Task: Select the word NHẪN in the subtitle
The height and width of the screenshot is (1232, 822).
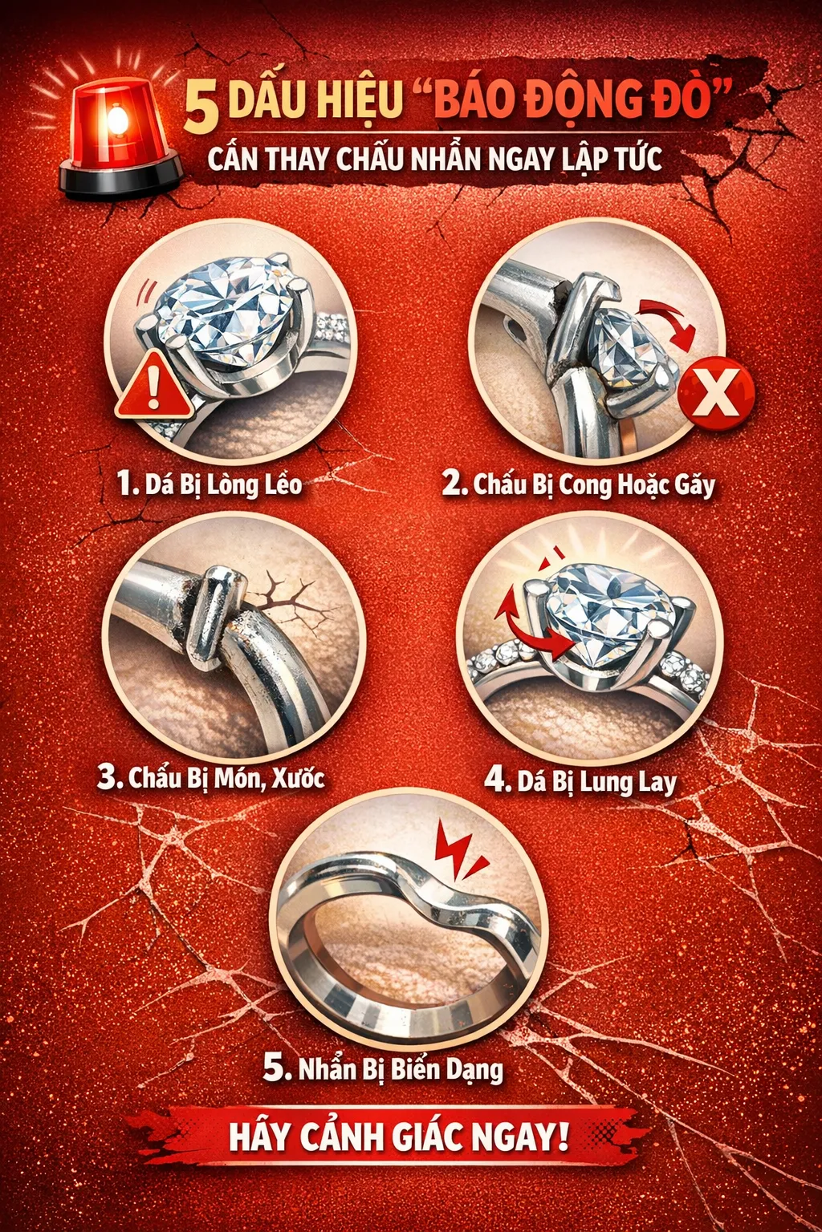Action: (447, 158)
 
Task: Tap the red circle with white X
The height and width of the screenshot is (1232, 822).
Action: (716, 394)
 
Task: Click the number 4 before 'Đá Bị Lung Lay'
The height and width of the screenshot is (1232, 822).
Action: (497, 780)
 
